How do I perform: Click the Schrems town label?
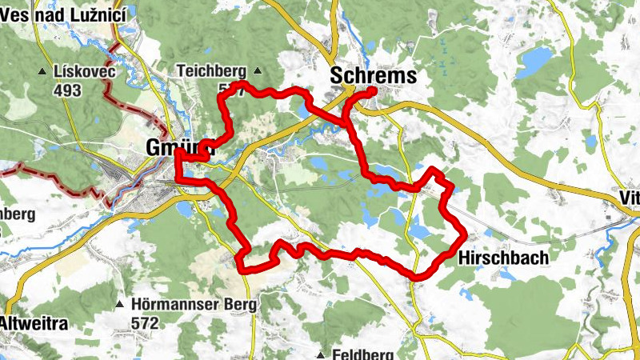pos(374,76)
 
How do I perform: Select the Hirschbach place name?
pos(503,258)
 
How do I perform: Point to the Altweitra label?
pos(34,324)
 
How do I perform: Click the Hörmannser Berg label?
pos(196,305)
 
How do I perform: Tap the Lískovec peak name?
pos(85,72)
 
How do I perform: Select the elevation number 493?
pos(69,90)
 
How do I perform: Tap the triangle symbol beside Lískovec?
pos(42,73)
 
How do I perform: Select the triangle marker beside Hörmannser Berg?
pos(120,305)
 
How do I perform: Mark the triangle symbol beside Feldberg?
pos(320,354)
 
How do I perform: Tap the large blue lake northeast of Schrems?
pos(534,61)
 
